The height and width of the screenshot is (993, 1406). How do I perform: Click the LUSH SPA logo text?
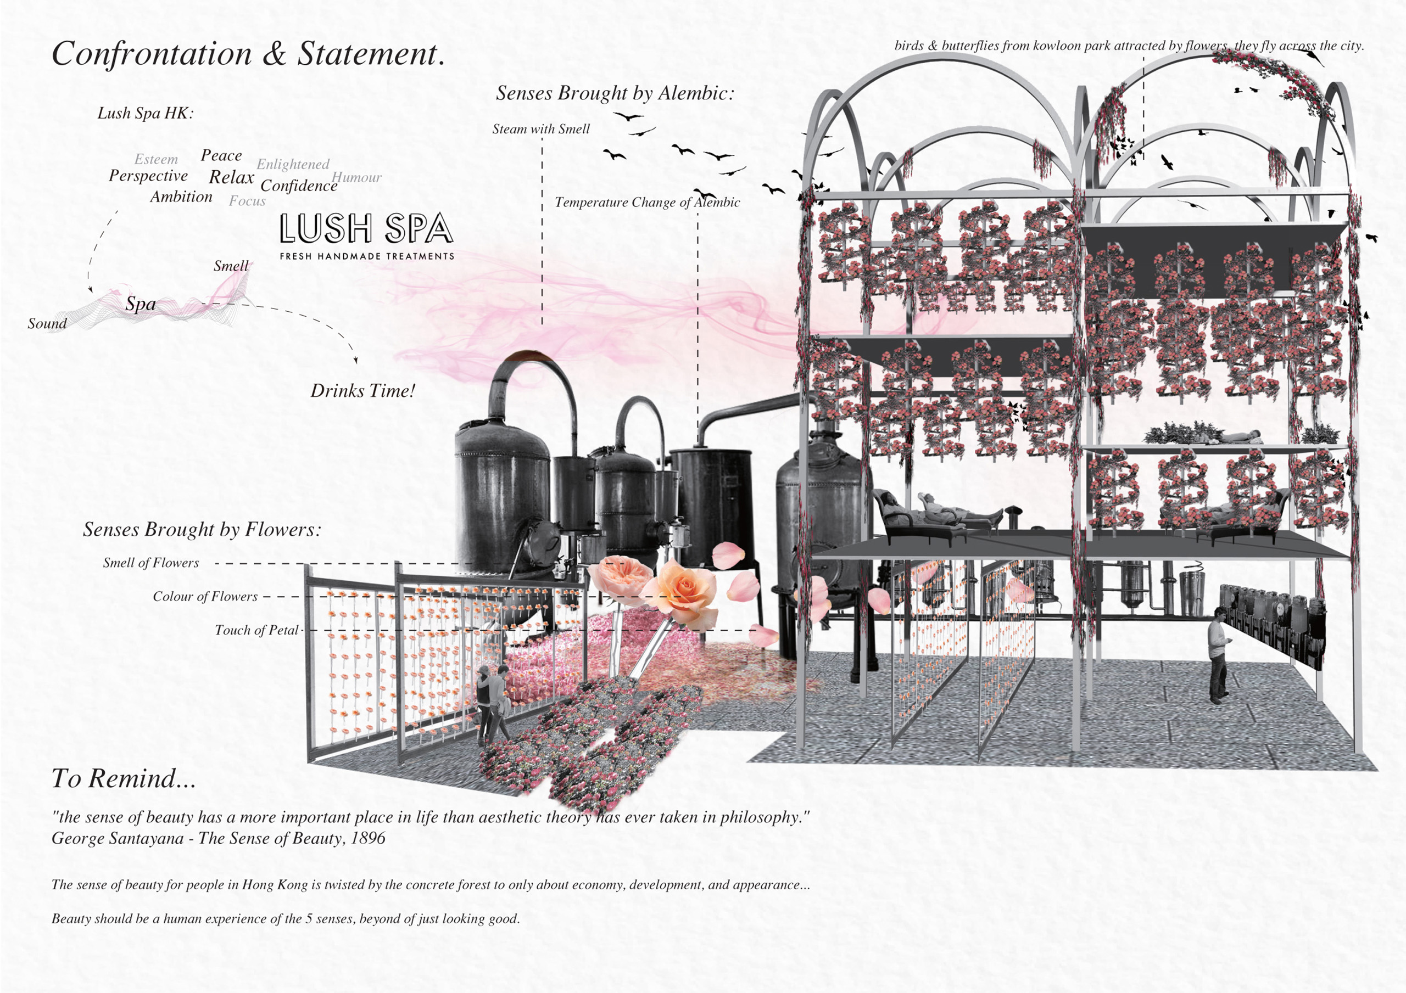click(x=366, y=229)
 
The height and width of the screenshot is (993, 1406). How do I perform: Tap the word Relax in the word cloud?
click(x=231, y=177)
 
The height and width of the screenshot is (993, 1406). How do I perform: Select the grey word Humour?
click(x=357, y=177)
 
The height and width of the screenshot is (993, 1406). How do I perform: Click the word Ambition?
click(x=181, y=197)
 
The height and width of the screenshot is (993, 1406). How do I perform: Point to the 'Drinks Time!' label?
click(x=362, y=391)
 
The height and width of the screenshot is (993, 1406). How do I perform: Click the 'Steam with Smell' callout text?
click(x=541, y=129)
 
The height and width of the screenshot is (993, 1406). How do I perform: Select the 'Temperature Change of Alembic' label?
click(x=648, y=203)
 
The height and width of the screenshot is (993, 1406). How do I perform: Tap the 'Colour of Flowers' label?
click(x=205, y=597)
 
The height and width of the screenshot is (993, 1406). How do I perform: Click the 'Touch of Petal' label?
click(x=256, y=631)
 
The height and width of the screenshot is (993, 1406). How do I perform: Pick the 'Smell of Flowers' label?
click(x=150, y=563)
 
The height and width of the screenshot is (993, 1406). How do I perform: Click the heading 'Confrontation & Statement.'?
click(x=248, y=54)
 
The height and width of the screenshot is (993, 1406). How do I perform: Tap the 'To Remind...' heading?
click(x=124, y=779)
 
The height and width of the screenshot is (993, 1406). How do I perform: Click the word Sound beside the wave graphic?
click(x=47, y=324)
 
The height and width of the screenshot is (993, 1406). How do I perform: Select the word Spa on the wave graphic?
click(x=140, y=304)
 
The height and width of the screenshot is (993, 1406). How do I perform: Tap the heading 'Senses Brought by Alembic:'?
click(x=615, y=93)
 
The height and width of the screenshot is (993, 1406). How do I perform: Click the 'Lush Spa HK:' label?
click(x=146, y=113)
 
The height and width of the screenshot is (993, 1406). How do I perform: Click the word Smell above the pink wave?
click(x=231, y=266)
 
